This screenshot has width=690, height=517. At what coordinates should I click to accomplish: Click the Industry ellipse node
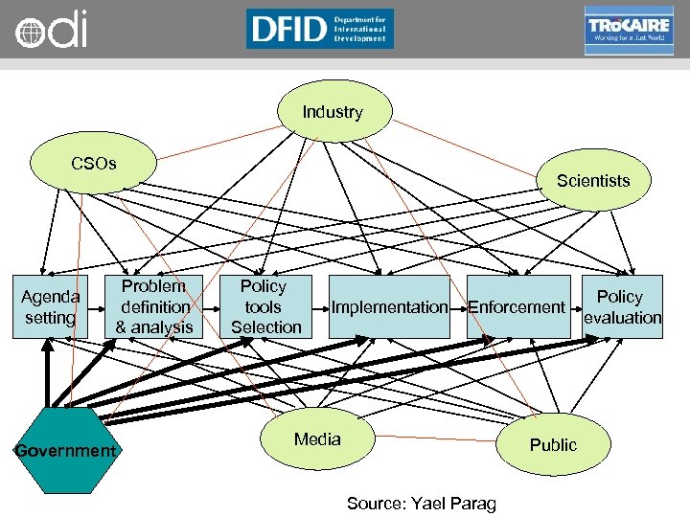333,113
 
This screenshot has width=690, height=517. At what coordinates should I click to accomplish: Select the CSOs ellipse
93,164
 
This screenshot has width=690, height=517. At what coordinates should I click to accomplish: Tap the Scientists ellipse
592,181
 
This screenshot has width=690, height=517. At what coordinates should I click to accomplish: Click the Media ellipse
317,439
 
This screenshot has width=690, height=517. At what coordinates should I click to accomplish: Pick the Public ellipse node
553,444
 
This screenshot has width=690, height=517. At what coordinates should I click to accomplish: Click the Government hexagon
64,450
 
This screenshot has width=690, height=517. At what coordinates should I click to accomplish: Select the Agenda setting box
50,307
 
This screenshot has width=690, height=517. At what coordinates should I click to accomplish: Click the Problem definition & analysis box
154,306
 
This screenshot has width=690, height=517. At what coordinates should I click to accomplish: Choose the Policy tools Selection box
264,306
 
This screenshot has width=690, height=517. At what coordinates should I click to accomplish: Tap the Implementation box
390,307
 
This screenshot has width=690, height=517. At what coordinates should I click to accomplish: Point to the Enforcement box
516,307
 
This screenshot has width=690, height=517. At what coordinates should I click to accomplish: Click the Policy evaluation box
622,307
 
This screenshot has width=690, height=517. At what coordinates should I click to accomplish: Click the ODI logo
51,29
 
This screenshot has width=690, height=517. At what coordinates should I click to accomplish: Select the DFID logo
319,28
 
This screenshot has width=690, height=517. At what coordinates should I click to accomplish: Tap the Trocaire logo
628,30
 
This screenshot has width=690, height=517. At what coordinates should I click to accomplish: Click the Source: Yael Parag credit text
422,503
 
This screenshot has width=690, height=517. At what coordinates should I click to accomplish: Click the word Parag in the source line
473,504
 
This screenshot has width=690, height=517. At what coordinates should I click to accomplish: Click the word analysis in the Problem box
164,327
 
